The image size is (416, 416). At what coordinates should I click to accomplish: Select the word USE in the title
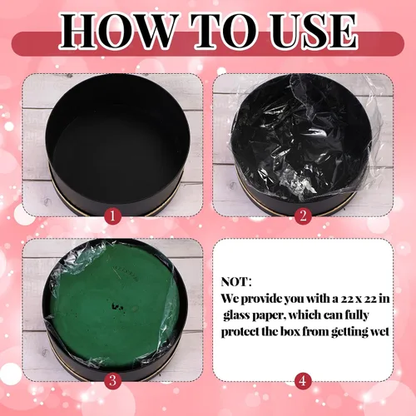click(314, 31)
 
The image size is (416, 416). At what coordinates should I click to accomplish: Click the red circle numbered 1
click(112, 215)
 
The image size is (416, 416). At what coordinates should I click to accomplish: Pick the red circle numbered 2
click(303, 215)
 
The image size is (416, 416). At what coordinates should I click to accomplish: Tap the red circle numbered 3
click(112, 380)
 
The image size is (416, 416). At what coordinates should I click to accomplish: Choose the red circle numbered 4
click(303, 380)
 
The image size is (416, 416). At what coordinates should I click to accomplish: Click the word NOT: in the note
click(236, 282)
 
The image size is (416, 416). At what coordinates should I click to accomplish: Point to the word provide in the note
click(261, 300)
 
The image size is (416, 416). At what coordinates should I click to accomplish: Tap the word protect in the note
click(240, 332)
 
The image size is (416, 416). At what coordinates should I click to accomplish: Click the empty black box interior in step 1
click(118, 139)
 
